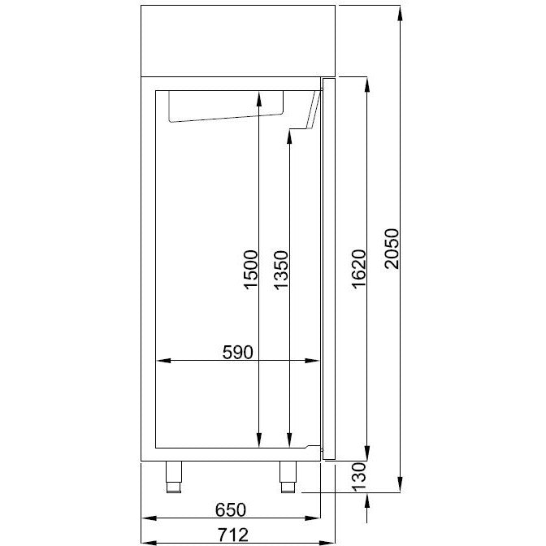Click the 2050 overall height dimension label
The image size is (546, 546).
click(x=392, y=249)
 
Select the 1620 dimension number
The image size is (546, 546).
click(x=359, y=269)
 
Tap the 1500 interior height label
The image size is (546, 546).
click(x=251, y=270)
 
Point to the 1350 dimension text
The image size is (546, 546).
click(x=281, y=270)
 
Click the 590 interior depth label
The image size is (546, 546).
click(x=238, y=352)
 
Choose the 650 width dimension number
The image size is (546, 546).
click(x=231, y=510)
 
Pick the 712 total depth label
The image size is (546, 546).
click(x=233, y=535)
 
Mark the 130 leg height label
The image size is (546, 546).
click(x=359, y=477)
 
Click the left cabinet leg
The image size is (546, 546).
click(x=174, y=477)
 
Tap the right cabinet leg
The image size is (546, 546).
click(x=288, y=477)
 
